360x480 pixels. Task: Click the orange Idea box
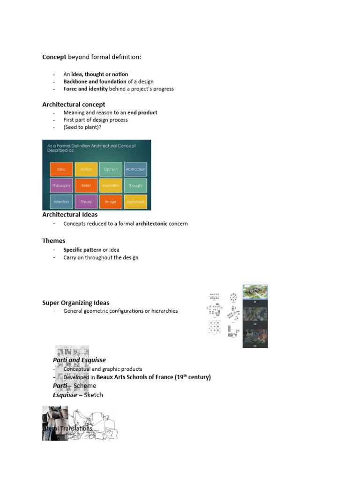(x=61, y=169)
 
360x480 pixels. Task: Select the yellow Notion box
(x=86, y=169)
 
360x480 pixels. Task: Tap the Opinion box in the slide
(x=111, y=169)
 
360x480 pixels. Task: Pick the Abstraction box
(x=135, y=169)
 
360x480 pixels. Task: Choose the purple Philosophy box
(x=61, y=186)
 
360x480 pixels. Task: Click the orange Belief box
(x=86, y=186)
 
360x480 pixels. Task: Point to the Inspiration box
(x=111, y=186)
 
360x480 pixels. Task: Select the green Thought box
(x=135, y=186)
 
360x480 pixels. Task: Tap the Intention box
(x=61, y=202)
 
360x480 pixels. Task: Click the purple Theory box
(x=86, y=202)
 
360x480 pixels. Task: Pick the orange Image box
(x=111, y=202)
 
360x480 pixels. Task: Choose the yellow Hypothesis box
(x=135, y=202)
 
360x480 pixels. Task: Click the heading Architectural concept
(x=74, y=105)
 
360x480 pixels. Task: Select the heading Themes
(x=54, y=241)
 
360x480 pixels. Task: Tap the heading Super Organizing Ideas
(x=76, y=303)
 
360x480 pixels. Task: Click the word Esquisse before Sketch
(x=65, y=395)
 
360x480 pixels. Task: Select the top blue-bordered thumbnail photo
(x=255, y=292)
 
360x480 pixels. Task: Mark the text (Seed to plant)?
(x=82, y=127)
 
